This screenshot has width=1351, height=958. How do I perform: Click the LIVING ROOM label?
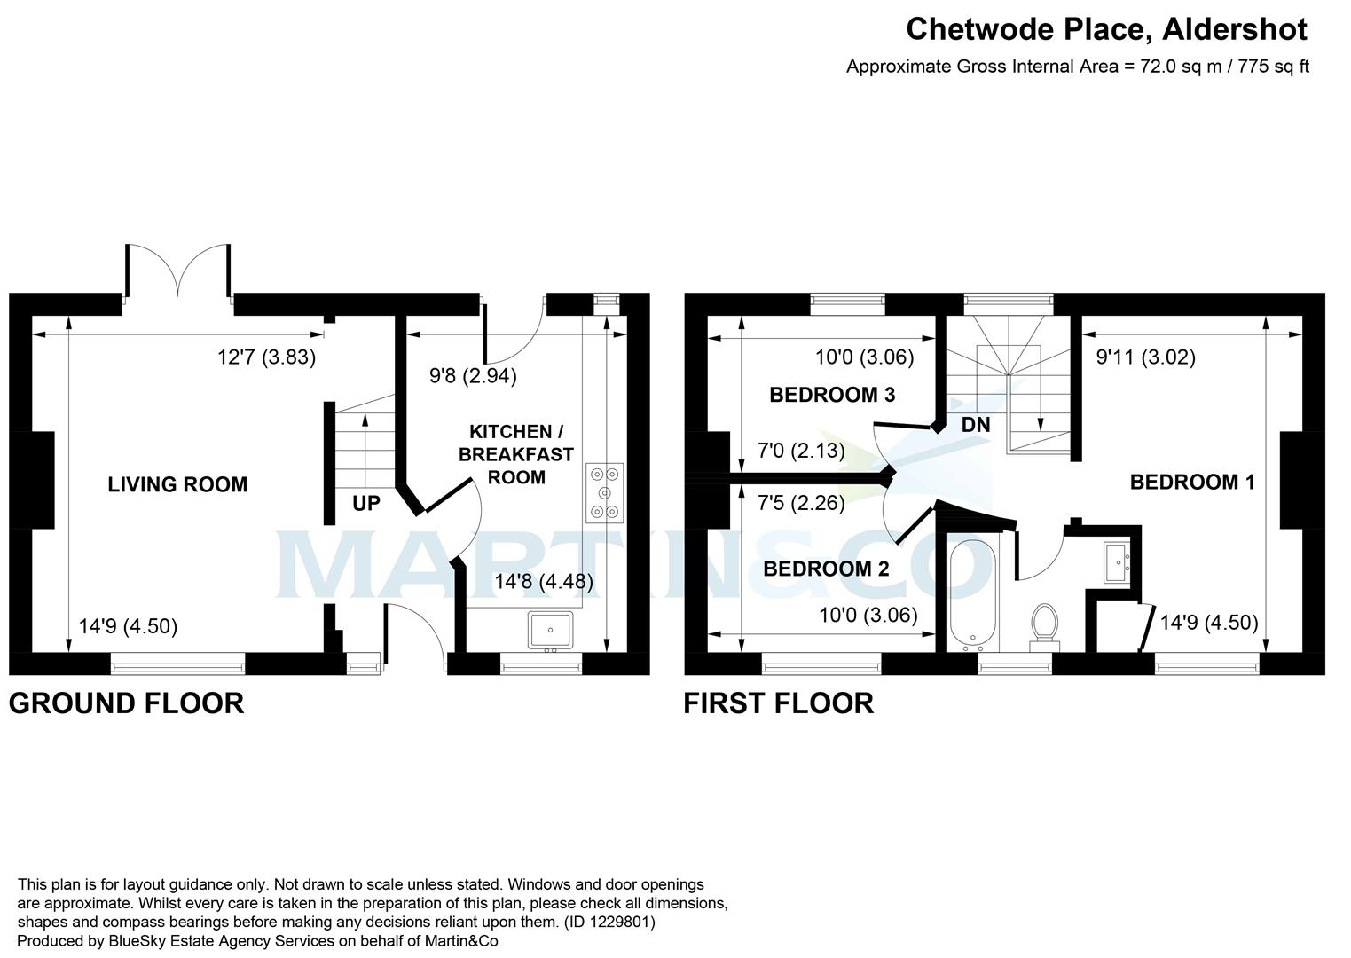(177, 484)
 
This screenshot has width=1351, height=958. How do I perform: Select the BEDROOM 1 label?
(1191, 482)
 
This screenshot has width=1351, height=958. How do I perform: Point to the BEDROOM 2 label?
(826, 569)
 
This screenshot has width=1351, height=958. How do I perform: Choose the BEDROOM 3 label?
(831, 395)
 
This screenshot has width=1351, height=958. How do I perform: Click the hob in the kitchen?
(605, 492)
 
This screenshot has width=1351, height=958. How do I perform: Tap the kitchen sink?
(551, 630)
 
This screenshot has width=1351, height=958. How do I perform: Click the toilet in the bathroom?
(1044, 624)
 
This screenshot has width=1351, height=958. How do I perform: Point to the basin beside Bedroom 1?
(1117, 561)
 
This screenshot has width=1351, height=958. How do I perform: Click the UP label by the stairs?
(365, 504)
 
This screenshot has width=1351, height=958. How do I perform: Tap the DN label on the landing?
(975, 426)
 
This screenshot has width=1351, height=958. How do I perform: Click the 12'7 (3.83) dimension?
(266, 357)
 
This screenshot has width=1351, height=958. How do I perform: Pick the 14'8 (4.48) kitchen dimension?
(544, 582)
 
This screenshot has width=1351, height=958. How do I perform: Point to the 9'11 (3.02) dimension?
(1145, 357)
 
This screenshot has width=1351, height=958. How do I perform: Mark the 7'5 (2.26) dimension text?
(800, 504)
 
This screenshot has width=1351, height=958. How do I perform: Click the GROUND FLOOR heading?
(126, 703)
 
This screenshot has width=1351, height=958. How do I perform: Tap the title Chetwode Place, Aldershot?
(1105, 29)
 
